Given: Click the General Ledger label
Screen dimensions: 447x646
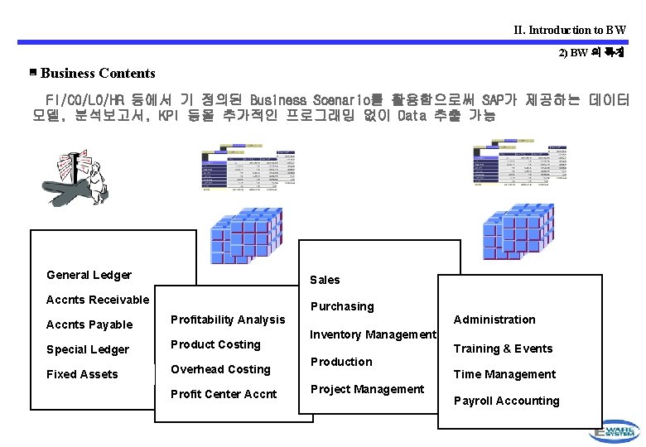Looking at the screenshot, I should pyautogui.click(x=89, y=275).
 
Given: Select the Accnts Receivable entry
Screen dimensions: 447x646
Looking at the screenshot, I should pyautogui.click(x=98, y=300).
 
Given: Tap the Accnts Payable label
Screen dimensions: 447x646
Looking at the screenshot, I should pyautogui.click(x=89, y=324).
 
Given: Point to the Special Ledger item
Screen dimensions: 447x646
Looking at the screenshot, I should pyautogui.click(x=88, y=349).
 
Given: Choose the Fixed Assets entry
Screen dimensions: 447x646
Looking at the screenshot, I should pyautogui.click(x=82, y=374).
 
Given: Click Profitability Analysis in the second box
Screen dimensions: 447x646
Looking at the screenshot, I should pyautogui.click(x=227, y=320).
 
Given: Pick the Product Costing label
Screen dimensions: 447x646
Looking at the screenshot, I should pyautogui.click(x=215, y=344).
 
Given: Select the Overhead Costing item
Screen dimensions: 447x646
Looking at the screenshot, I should pyautogui.click(x=220, y=369).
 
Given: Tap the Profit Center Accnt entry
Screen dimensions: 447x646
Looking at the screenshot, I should pyautogui.click(x=224, y=394).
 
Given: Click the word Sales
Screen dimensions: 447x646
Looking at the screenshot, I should pyautogui.click(x=325, y=280).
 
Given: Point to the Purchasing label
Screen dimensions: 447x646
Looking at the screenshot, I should pyautogui.click(x=342, y=306).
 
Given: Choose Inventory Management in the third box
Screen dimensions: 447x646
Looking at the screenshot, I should pyautogui.click(x=373, y=334).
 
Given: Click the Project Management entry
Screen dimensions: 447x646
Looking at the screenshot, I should pyautogui.click(x=367, y=389).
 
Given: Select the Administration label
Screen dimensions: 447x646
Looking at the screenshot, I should pyautogui.click(x=494, y=320).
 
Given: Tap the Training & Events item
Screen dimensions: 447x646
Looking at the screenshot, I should pyautogui.click(x=503, y=348).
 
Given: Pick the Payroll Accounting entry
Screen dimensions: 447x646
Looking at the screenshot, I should pyautogui.click(x=506, y=401).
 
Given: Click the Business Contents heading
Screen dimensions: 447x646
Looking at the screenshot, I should pyautogui.click(x=98, y=73).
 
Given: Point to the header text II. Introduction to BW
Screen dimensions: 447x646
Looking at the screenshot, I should pyautogui.click(x=570, y=30).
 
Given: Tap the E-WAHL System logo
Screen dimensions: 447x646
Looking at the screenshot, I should pyautogui.click(x=615, y=430).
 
